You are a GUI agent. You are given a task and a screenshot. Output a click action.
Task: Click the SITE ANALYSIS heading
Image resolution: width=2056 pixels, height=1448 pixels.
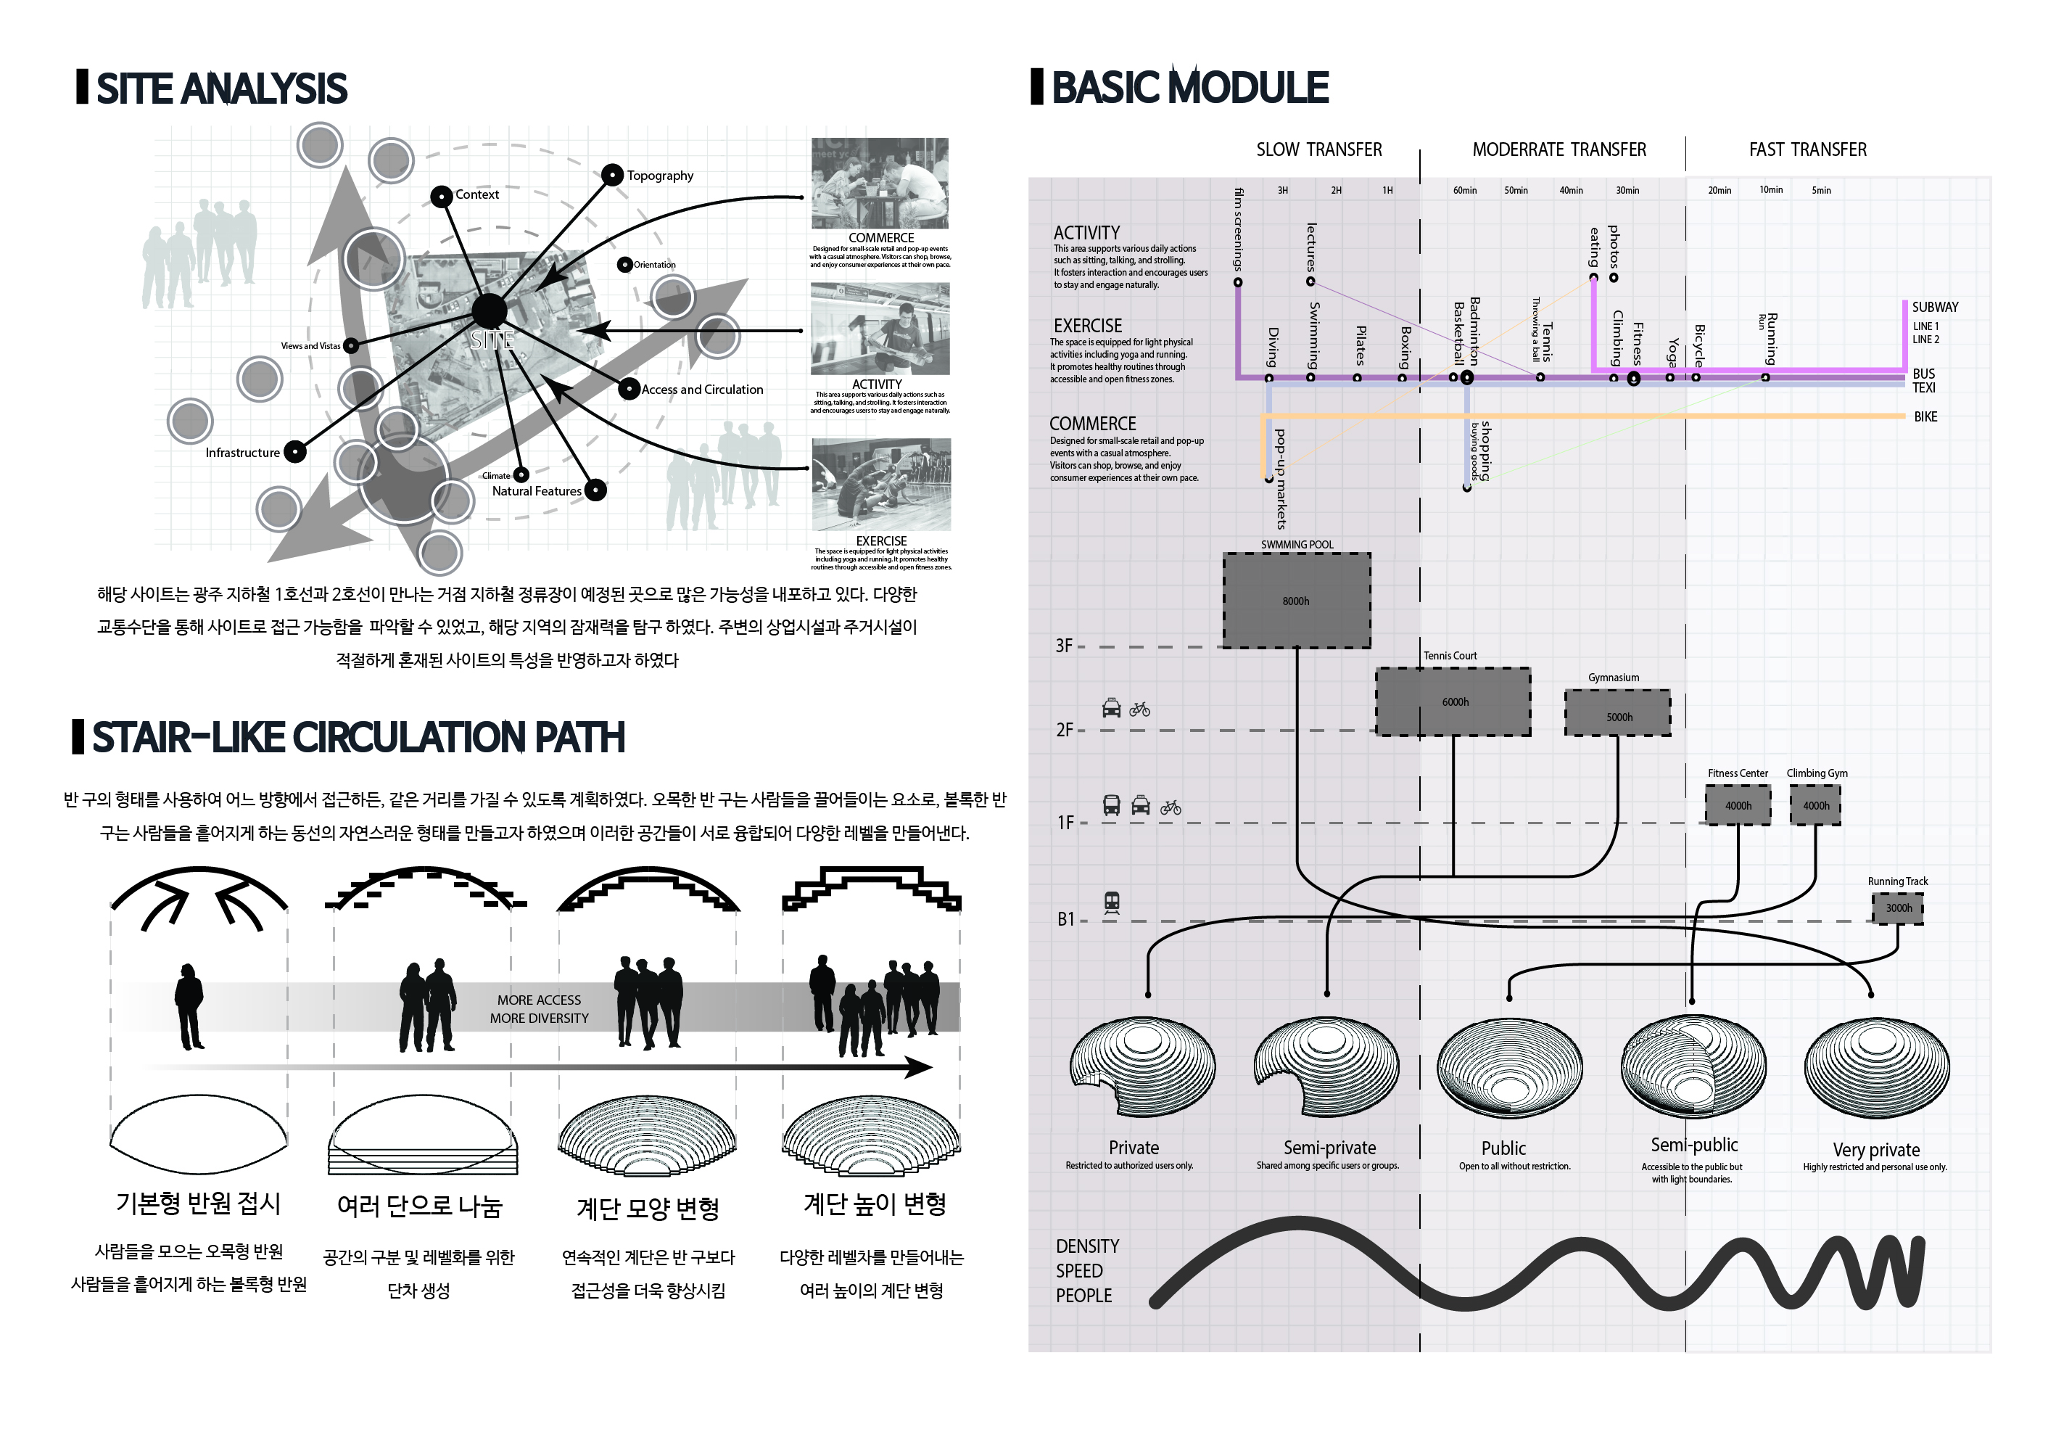coord(220,89)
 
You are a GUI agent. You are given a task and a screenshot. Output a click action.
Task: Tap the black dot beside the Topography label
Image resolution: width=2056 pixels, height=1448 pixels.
coord(611,175)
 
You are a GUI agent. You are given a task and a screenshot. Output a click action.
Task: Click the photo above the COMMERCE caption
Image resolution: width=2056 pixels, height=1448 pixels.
coord(880,183)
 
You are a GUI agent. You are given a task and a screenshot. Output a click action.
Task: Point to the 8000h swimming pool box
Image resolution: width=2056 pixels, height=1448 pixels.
coord(1296,601)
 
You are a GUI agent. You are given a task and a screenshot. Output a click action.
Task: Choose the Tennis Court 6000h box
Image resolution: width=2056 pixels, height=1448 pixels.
coord(1453,702)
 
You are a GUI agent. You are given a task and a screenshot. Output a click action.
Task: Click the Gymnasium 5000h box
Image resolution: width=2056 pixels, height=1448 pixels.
coord(1617,714)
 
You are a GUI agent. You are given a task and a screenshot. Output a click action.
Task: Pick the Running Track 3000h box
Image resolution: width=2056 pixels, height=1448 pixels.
coord(1897,908)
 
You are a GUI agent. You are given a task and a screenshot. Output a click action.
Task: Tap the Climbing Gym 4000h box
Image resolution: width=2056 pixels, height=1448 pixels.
coord(1815,805)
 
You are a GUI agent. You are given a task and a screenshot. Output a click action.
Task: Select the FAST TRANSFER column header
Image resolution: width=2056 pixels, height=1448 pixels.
coord(1807,149)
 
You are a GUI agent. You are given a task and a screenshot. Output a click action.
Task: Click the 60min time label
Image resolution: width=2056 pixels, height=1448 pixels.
coord(1464,191)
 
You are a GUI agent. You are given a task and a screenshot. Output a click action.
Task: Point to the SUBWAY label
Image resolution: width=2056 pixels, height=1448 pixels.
coord(1934,307)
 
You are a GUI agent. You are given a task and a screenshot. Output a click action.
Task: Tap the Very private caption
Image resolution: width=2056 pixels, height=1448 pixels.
coord(1875,1150)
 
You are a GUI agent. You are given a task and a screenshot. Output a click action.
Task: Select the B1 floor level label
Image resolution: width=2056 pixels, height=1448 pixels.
coord(1065,920)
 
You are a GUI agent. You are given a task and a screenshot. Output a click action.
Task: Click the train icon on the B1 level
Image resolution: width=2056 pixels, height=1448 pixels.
coord(1111,902)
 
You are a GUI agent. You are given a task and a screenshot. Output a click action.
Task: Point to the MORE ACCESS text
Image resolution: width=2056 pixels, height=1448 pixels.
coord(539,1000)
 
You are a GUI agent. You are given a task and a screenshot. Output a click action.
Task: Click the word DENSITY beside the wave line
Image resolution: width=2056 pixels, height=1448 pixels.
coord(1087,1246)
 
